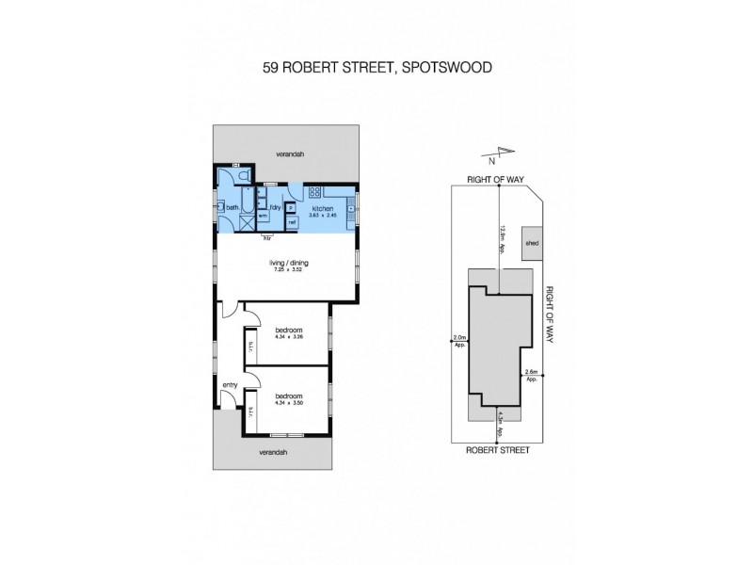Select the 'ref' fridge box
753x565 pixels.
292,221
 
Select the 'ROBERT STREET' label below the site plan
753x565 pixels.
498,450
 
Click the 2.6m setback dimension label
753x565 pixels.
531,374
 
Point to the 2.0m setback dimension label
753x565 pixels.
459,340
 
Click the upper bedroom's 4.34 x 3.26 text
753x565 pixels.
288,338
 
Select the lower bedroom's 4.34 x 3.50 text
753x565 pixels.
288,403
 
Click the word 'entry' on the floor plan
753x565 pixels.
229,384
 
